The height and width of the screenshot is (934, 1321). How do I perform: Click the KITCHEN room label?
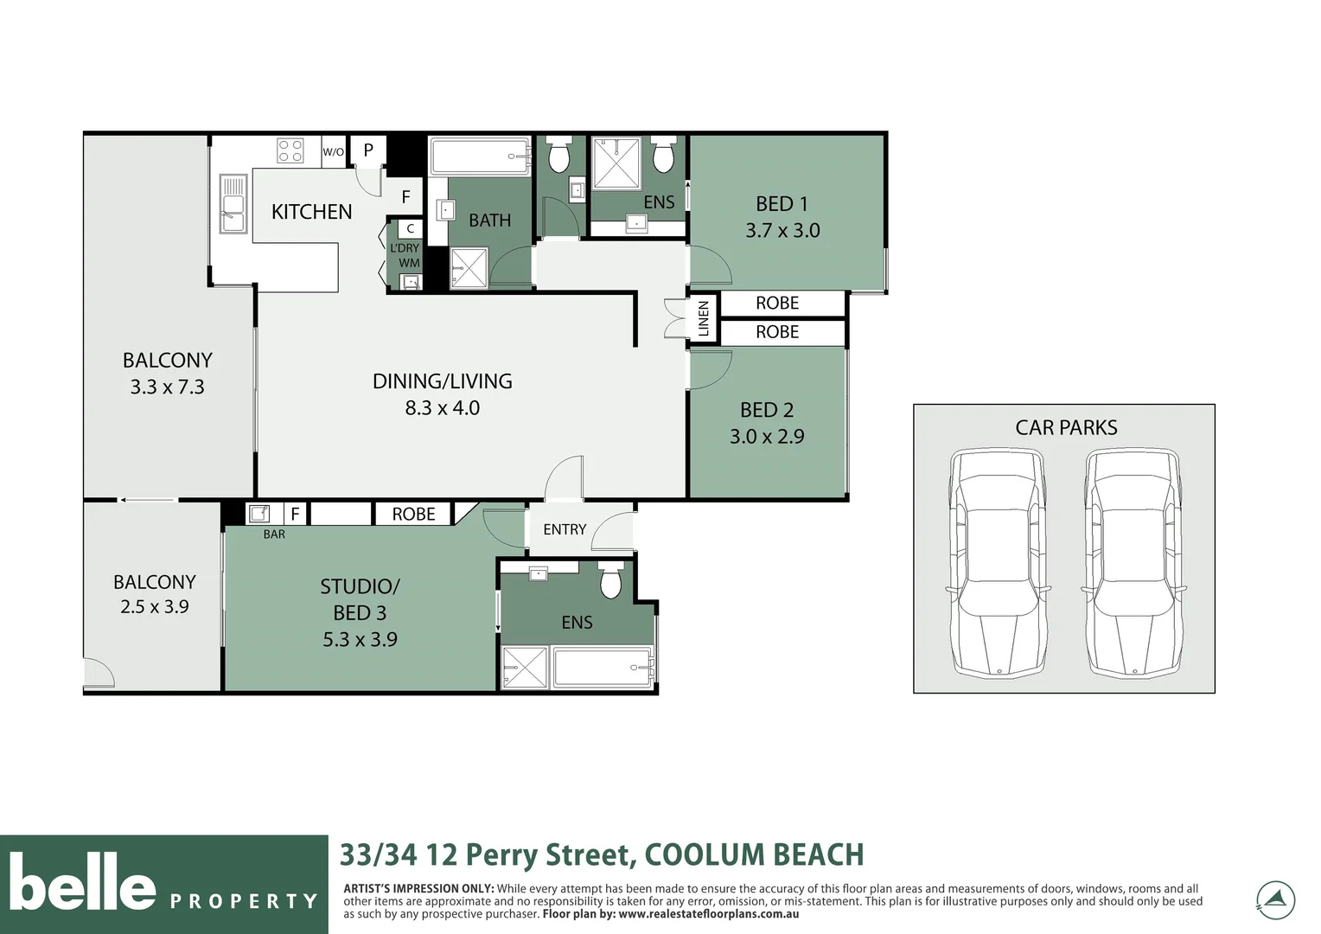[311, 212]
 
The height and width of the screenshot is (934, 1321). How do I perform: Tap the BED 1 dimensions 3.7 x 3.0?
[782, 230]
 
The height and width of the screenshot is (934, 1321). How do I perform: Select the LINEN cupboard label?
[704, 318]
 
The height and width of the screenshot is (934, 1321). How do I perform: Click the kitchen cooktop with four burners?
[290, 150]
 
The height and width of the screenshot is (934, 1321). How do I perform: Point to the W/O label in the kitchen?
[333, 151]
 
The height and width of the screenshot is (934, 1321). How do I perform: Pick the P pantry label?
[368, 150]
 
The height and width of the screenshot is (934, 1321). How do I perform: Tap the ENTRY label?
[565, 529]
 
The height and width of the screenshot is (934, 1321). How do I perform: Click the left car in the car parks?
[998, 564]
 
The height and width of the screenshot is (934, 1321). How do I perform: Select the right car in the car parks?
[1133, 564]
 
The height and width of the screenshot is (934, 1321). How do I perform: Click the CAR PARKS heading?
[1066, 427]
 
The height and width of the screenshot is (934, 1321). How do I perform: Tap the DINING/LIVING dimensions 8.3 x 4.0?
[443, 407]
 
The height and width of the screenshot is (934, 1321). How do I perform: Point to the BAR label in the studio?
[274, 534]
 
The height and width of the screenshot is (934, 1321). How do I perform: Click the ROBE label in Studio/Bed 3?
[413, 514]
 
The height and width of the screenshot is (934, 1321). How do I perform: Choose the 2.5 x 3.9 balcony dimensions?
[155, 606]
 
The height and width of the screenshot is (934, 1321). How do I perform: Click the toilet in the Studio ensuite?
[610, 579]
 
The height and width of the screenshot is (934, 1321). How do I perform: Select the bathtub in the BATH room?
[480, 156]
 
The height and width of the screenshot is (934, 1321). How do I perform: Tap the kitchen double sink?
[233, 203]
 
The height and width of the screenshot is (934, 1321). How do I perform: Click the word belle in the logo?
[83, 881]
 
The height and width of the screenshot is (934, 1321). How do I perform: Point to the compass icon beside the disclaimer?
[1275, 900]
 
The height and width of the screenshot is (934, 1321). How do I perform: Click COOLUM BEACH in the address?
[754, 854]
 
